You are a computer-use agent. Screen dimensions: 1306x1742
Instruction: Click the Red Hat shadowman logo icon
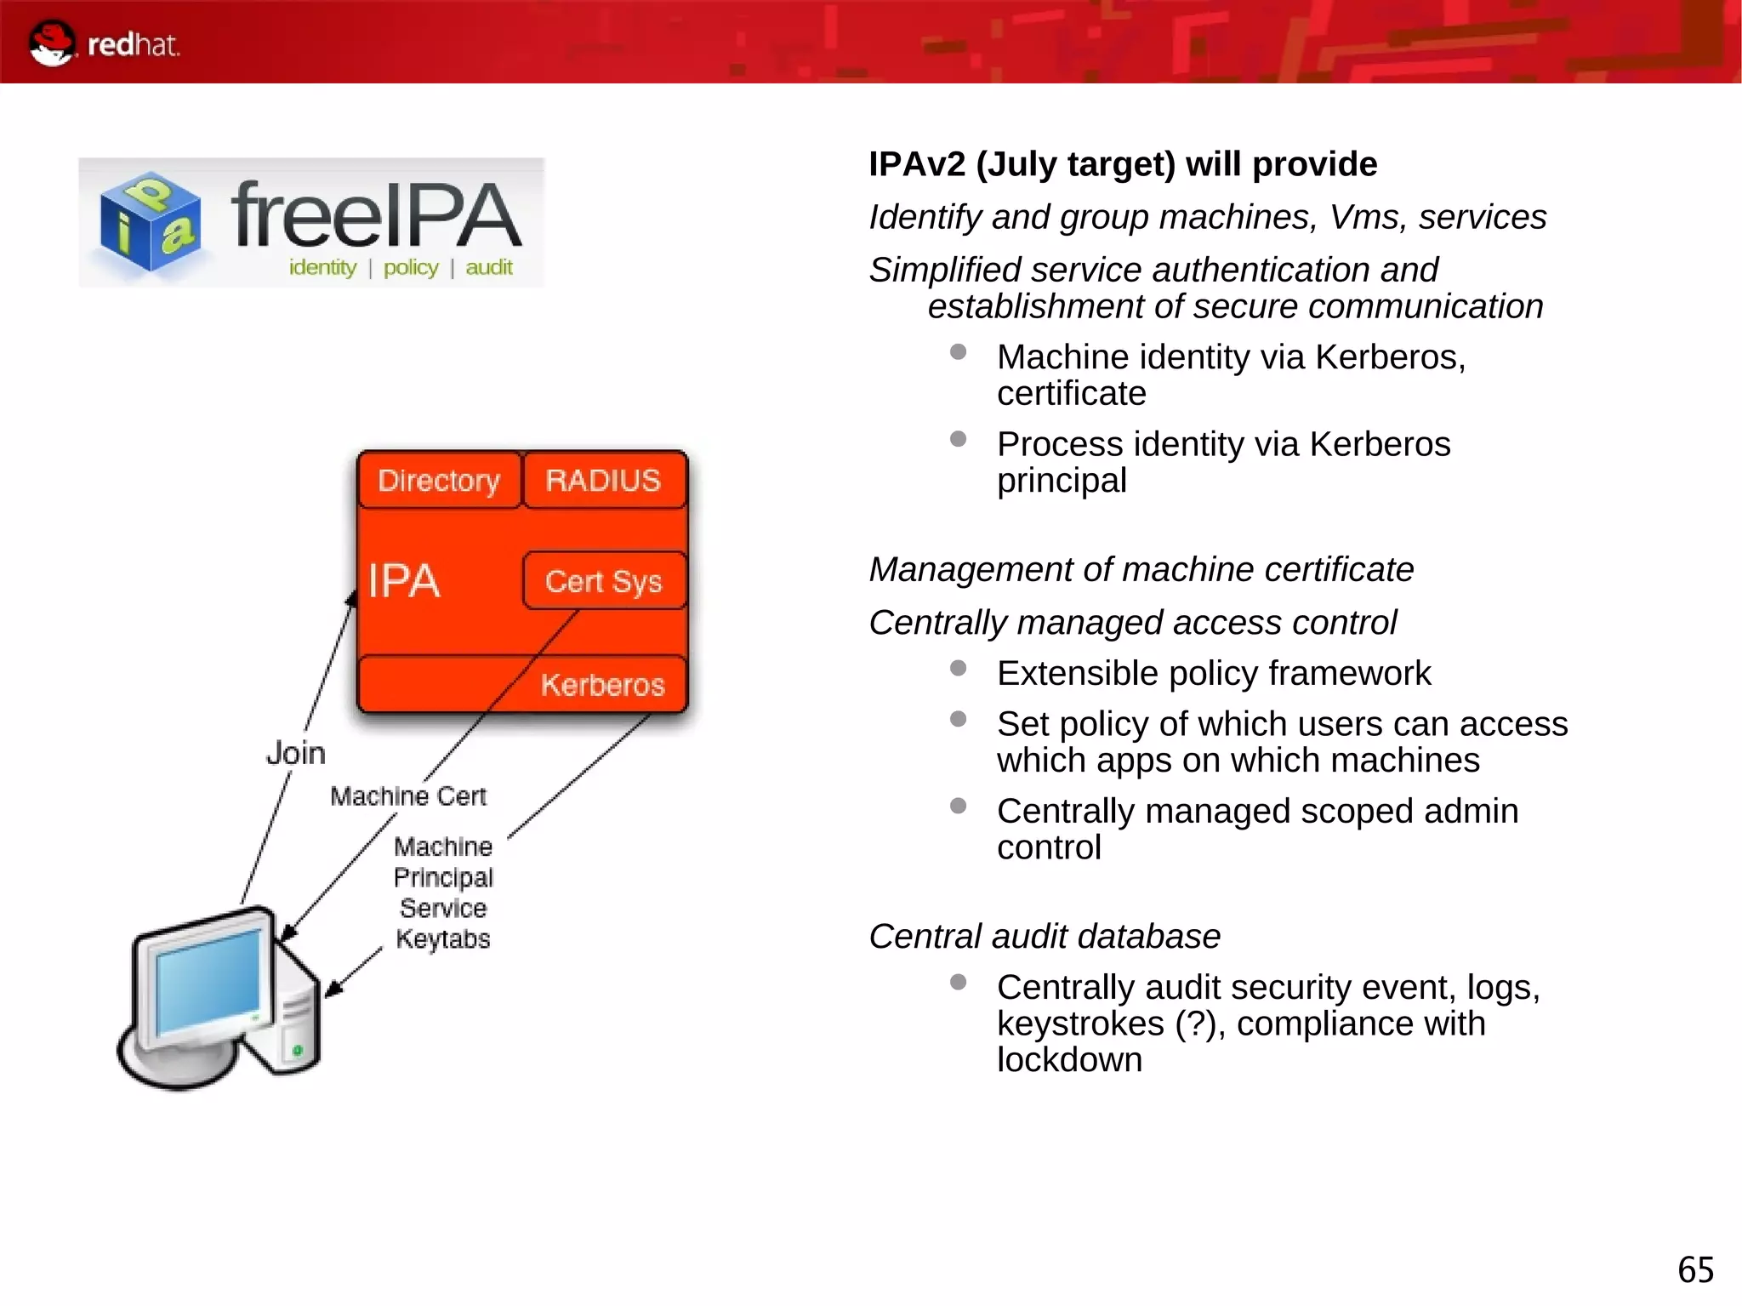click(x=51, y=43)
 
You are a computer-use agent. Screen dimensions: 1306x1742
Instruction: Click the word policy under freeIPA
click(x=411, y=267)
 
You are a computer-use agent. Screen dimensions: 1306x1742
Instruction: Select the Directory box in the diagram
click(x=438, y=481)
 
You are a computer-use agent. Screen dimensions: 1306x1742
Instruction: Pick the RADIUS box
click(x=603, y=481)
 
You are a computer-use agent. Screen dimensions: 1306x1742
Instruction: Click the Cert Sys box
click(x=603, y=581)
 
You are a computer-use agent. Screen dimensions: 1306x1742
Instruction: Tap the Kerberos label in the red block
click(x=602, y=685)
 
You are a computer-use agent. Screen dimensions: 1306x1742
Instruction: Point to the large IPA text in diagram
click(x=403, y=582)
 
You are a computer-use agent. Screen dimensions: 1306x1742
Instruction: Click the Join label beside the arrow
click(x=295, y=753)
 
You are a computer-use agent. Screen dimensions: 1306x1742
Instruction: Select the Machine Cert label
click(x=407, y=796)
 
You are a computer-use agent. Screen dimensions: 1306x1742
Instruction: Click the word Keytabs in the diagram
click(x=443, y=939)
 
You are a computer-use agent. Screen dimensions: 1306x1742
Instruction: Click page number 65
click(x=1695, y=1270)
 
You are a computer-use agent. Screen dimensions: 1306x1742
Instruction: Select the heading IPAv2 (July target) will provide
click(x=1122, y=164)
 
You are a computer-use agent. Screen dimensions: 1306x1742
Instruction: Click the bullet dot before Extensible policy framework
click(x=958, y=668)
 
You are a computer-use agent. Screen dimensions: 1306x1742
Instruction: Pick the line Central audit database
click(x=1044, y=936)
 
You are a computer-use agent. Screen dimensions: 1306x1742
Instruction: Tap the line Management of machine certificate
click(x=1141, y=569)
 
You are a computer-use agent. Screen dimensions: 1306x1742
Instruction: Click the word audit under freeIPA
click(x=489, y=267)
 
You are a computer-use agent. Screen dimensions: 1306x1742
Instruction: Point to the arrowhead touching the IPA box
click(x=351, y=598)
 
